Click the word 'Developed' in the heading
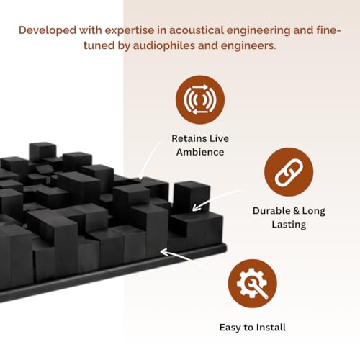point(48,30)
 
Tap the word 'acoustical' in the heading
point(196,30)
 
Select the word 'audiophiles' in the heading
point(164,45)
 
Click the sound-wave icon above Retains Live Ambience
point(200,99)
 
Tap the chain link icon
point(289,172)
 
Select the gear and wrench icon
point(253,284)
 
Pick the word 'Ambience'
point(200,152)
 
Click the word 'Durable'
point(271,211)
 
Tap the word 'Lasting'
point(289,225)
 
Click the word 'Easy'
point(230,328)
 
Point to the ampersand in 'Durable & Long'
point(296,211)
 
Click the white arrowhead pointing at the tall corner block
point(197,207)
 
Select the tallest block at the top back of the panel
point(42,152)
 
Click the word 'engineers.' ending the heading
point(248,46)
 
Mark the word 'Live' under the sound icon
point(219,138)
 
